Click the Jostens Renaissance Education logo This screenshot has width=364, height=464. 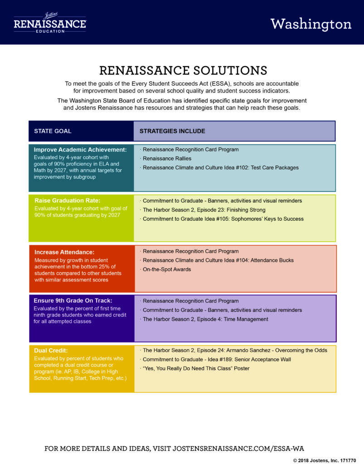[50, 23]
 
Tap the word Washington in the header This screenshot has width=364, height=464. [311, 24]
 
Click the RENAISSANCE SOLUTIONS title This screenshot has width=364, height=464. [183, 70]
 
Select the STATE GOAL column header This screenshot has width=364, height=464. [53, 131]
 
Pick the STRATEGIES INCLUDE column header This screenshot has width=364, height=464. [172, 131]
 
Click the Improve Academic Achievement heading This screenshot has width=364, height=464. [80, 150]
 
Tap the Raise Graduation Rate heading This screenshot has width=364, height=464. [68, 200]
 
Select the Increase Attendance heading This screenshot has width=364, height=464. [64, 252]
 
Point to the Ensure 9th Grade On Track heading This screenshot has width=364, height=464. [73, 301]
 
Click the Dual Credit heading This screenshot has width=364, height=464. [51, 350]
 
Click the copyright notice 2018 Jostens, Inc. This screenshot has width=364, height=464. [325, 460]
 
